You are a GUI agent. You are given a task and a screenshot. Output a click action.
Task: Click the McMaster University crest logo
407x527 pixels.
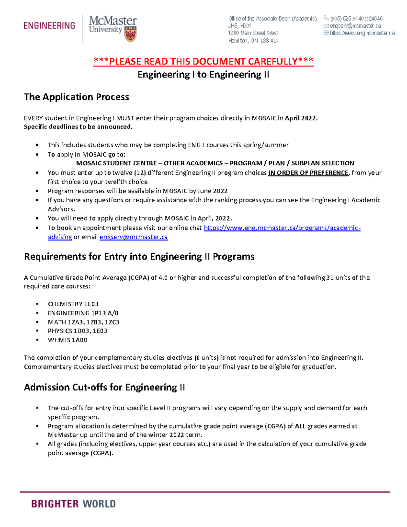pyautogui.click(x=131, y=35)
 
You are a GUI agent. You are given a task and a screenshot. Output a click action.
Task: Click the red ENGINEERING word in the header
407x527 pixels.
pyautogui.click(x=49, y=26)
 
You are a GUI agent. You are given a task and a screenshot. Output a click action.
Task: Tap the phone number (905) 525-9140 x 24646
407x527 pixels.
pyautogui.click(x=356, y=19)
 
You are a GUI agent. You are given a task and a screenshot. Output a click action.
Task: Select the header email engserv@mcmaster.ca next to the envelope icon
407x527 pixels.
pyautogui.click(x=355, y=26)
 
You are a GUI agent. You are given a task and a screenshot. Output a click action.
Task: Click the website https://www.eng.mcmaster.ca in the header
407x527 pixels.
pyautogui.click(x=362, y=33)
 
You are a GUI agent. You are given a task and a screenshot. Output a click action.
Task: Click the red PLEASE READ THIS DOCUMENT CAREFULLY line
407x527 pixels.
pyautogui.click(x=203, y=61)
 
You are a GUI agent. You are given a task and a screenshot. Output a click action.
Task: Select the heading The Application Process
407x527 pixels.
pyautogui.click(x=76, y=97)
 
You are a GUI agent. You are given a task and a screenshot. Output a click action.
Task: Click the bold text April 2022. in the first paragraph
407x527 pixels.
pyautogui.click(x=301, y=118)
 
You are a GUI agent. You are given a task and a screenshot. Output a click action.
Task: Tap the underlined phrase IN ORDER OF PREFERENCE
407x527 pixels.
pyautogui.click(x=308, y=173)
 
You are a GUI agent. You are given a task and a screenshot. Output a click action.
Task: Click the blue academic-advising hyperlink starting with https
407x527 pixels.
pyautogui.click(x=282, y=228)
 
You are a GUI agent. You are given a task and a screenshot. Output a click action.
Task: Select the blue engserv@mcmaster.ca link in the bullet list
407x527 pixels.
pyautogui.click(x=134, y=237)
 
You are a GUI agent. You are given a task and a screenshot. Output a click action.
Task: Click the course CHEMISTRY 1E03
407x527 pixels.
pyautogui.click(x=73, y=304)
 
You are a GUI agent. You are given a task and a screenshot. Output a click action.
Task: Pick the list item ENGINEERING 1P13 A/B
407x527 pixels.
pyautogui.click(x=83, y=313)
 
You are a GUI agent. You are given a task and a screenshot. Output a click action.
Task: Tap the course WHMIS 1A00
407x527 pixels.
pyautogui.click(x=67, y=340)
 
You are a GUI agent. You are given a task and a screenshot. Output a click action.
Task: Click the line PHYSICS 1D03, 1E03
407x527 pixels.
pyautogui.click(x=77, y=331)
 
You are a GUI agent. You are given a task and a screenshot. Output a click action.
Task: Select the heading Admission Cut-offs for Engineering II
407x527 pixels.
pyautogui.click(x=104, y=388)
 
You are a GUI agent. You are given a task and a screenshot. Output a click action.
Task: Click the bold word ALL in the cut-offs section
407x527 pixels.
pyautogui.click(x=300, y=426)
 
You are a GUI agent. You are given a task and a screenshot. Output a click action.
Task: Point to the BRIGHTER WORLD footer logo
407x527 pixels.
pyautogui.click(x=73, y=504)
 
